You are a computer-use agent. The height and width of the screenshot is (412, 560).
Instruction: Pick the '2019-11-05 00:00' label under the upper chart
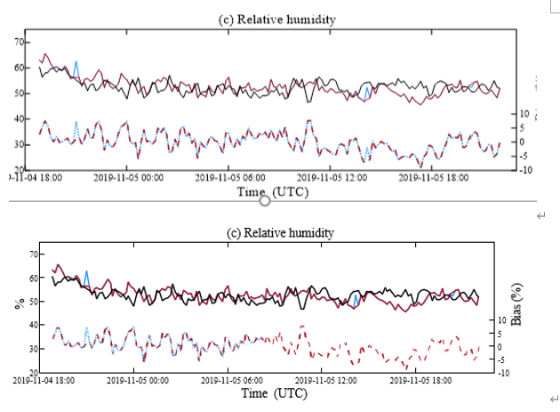tap(129, 178)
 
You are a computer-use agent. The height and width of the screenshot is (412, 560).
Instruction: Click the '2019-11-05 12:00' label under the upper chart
tap(332, 178)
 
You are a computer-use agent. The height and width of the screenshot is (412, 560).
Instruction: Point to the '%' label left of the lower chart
tap(18, 303)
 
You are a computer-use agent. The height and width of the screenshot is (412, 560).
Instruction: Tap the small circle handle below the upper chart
tap(264, 200)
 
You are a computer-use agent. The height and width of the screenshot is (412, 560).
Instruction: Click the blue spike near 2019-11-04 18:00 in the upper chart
tap(76, 64)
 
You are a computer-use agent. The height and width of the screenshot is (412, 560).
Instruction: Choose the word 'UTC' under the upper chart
tap(292, 191)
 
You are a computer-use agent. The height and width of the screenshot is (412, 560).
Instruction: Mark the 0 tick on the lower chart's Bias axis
tap(500, 347)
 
